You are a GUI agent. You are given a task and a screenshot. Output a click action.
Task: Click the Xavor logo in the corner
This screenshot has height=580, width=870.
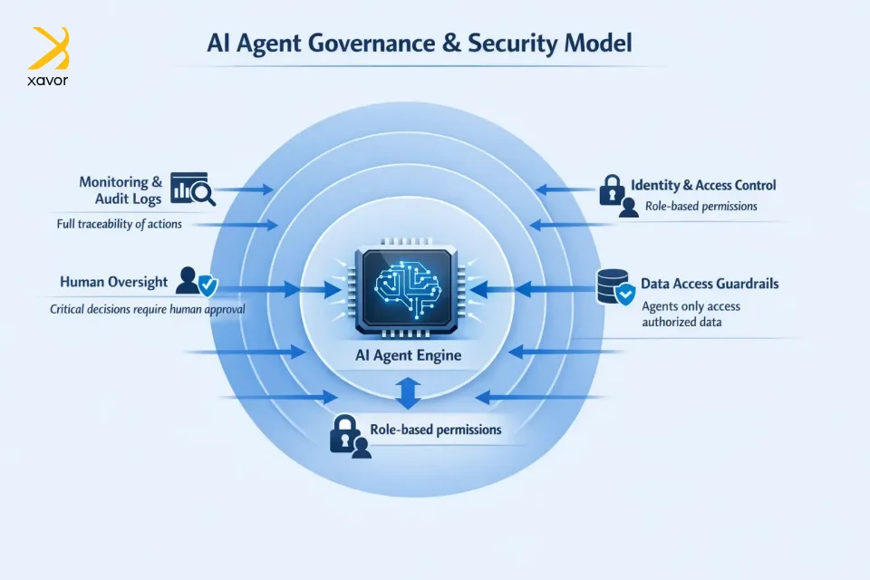[x=49, y=55]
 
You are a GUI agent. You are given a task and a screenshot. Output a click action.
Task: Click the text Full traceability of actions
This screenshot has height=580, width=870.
[x=116, y=224]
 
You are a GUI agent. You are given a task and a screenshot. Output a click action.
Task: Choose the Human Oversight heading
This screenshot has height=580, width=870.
[x=113, y=282]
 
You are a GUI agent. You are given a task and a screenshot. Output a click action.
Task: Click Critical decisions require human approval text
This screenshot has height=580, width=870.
[x=147, y=309]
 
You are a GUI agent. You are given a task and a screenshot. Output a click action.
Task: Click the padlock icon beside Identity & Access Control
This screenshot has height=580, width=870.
[x=612, y=188]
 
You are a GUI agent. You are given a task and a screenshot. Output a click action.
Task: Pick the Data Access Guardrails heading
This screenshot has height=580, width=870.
[x=710, y=284]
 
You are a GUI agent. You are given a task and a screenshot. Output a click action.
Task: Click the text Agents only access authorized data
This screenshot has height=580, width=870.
[x=691, y=314]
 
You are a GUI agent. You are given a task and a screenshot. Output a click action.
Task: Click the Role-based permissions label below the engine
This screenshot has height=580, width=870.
[x=436, y=429]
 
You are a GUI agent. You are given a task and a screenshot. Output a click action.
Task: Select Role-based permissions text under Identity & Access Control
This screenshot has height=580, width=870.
[x=701, y=207]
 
